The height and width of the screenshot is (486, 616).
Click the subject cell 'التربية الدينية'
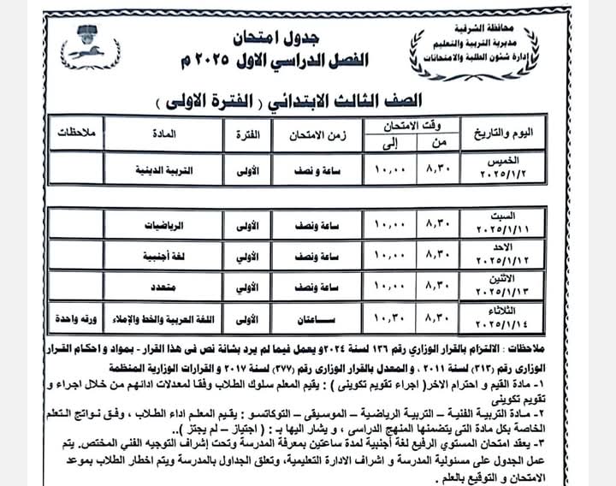pos(163,169)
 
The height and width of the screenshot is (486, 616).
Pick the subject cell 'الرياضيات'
pos(163,222)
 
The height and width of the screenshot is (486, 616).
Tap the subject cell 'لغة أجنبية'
pos(163,254)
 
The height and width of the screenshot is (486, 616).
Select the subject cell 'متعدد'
pos(163,286)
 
